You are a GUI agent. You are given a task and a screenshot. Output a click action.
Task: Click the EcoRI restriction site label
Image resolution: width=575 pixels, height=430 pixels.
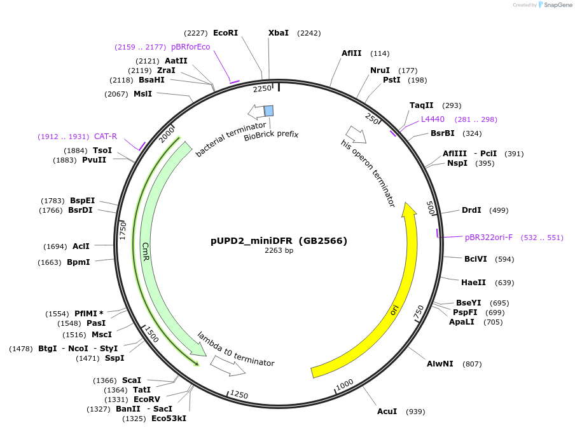click(x=225, y=32)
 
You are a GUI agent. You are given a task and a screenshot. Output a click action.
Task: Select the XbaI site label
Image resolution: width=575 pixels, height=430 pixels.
click(x=278, y=32)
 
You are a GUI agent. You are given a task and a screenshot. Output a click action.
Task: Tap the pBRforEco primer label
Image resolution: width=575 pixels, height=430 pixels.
click(x=190, y=47)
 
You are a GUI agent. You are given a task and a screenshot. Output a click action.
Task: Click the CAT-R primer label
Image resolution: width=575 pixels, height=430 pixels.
click(x=106, y=137)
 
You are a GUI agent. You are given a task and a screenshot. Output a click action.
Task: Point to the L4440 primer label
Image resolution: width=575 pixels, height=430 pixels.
click(x=433, y=119)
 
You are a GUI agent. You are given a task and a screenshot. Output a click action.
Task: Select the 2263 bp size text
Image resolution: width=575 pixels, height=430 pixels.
click(x=279, y=250)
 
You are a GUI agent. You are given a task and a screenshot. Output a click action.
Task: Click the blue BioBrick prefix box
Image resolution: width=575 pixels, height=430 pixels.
click(x=269, y=111)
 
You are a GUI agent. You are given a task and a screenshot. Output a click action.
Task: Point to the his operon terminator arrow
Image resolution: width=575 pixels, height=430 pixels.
click(x=356, y=135)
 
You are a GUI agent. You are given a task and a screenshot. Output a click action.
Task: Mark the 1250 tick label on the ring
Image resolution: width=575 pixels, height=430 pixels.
click(x=239, y=394)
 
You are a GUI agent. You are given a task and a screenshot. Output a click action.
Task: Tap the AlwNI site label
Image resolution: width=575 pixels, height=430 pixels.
click(x=440, y=364)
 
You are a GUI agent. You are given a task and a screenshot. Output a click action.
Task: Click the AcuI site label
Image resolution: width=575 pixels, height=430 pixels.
click(x=387, y=412)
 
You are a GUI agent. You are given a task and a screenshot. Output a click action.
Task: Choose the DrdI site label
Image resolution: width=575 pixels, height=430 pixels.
click(x=471, y=210)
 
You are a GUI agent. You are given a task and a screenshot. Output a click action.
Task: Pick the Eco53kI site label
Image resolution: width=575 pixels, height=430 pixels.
click(x=169, y=419)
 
